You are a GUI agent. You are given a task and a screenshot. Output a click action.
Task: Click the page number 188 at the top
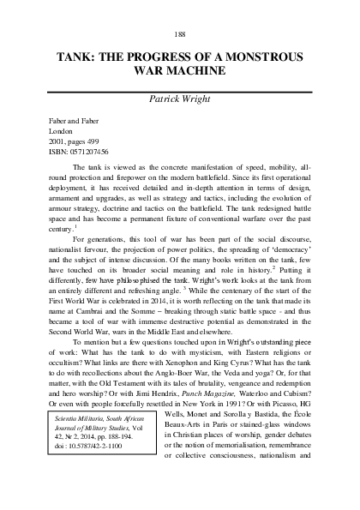pyautogui.click(x=180, y=33)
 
